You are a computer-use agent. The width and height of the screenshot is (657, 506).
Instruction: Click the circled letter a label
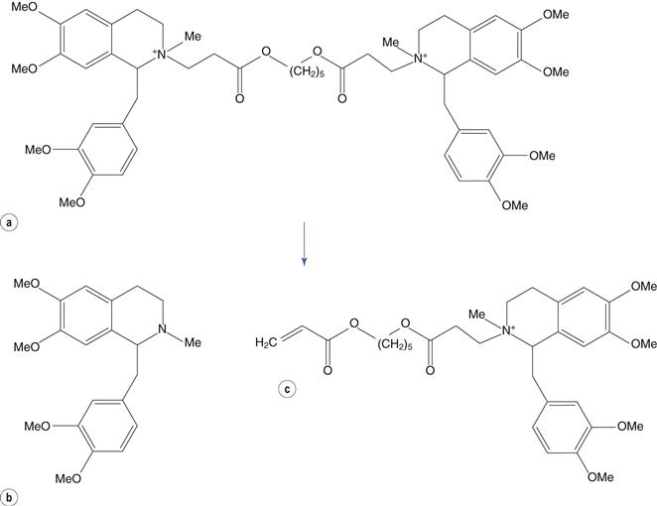coord(10,222)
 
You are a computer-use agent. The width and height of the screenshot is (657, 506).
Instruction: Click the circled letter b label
coord(10,498)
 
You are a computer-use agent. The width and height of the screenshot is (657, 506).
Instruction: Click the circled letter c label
coord(287,389)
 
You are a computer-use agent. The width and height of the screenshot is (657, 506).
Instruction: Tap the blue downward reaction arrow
coord(305,244)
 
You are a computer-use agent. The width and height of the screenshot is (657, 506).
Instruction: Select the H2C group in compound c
coord(266,342)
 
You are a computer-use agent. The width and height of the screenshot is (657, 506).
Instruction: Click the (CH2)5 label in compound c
coord(395,344)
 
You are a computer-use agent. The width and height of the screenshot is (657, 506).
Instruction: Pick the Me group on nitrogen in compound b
coord(193,342)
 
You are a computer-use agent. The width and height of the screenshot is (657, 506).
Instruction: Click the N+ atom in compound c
coord(508,330)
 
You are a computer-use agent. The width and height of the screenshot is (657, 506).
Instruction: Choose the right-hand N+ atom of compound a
coord(420,59)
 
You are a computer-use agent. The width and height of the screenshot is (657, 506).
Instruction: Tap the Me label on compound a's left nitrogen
coord(193,37)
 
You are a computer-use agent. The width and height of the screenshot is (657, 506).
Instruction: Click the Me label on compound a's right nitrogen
coord(391,42)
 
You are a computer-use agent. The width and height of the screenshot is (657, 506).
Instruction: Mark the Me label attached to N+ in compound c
coord(476,314)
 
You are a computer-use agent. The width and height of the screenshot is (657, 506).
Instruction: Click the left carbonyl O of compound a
coord(239,99)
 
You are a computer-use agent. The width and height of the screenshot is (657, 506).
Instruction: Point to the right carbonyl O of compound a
coord(342,99)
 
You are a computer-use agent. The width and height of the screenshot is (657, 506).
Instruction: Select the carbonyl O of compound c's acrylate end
coord(328,370)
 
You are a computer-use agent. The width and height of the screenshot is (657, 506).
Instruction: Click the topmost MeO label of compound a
coord(24,7)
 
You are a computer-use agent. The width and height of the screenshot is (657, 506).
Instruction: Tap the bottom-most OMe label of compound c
coord(600,476)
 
